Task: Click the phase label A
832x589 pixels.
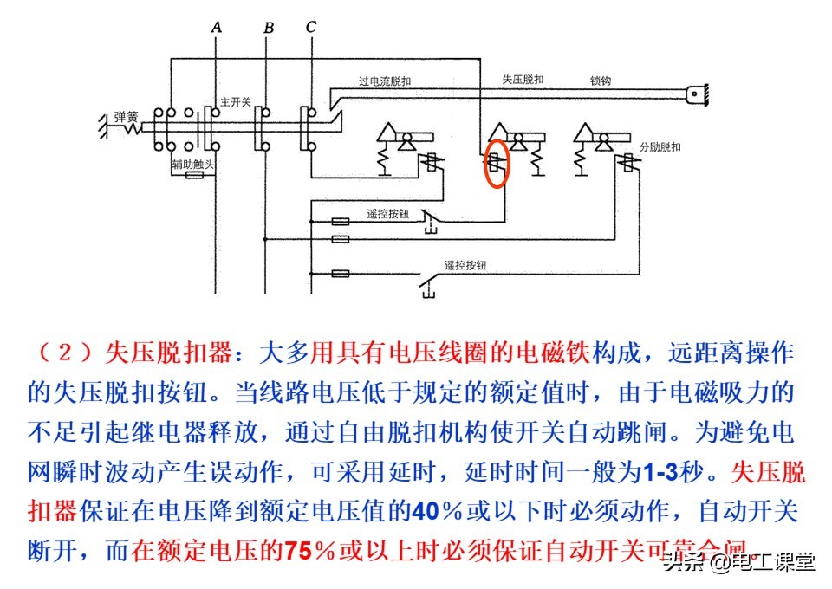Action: point(217,28)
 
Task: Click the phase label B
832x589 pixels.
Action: point(269,29)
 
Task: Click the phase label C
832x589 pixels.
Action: point(311,28)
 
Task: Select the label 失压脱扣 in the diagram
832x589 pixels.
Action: point(523,80)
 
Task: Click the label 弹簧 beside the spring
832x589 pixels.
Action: point(127,116)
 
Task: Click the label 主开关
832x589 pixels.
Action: point(236,101)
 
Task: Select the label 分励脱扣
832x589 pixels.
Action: point(660,146)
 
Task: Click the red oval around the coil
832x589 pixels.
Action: point(496,165)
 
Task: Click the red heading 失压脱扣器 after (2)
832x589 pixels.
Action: point(169,353)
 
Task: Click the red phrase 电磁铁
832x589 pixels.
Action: point(554,353)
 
